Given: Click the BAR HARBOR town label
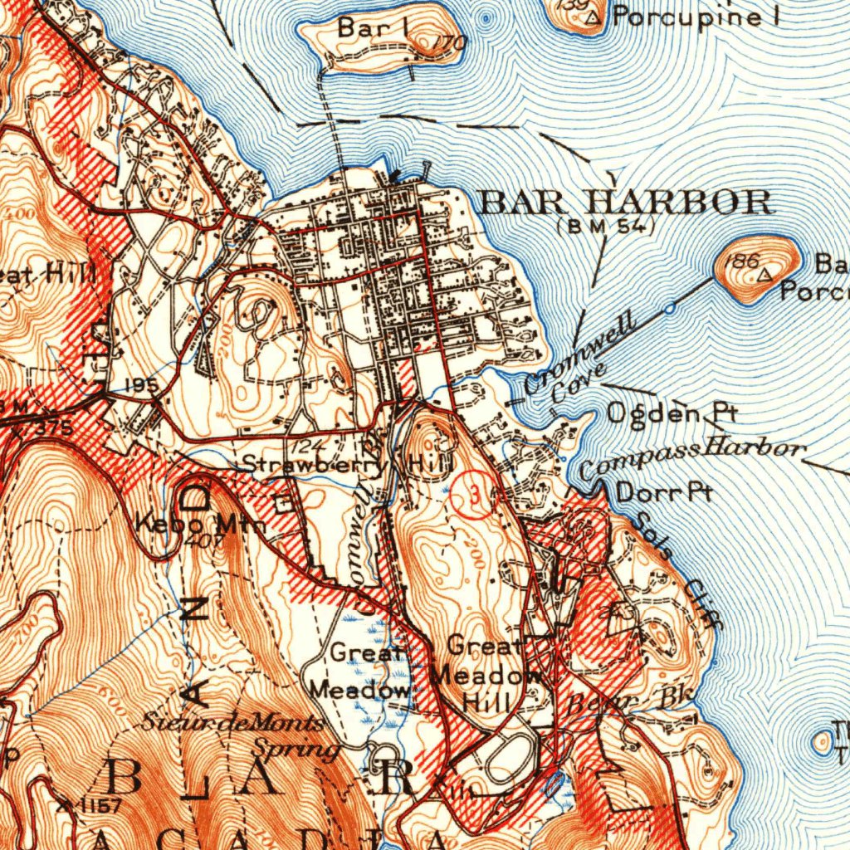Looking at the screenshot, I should [627, 202].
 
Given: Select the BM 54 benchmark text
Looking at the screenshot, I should [606, 225].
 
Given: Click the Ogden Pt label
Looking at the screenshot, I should [661, 412].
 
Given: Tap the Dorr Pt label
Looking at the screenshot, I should [664, 492].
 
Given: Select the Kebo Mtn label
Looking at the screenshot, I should [200, 525].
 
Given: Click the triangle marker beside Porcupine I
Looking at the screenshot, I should [593, 16].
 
